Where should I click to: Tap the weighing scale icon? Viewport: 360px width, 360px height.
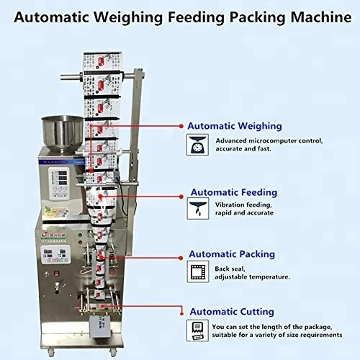point(197,145)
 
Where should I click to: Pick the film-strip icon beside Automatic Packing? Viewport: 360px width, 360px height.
point(197,271)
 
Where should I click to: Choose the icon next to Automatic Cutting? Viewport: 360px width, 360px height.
point(197,329)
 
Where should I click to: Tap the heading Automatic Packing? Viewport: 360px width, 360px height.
point(230,254)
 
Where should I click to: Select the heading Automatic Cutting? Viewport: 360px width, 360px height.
point(230,312)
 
